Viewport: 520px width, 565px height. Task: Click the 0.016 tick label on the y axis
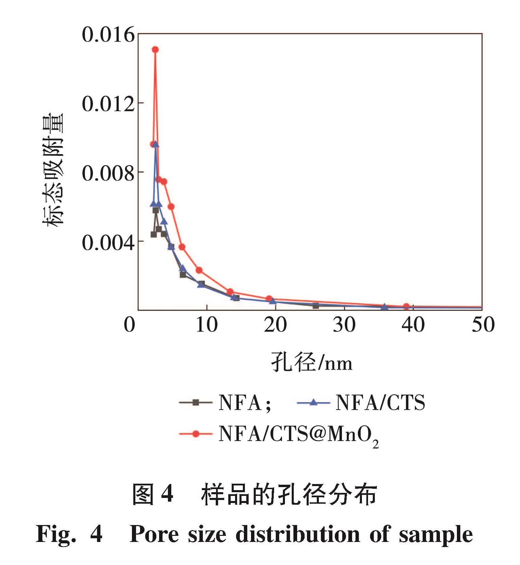(x=108, y=35)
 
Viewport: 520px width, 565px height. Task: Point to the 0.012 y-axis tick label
(x=108, y=104)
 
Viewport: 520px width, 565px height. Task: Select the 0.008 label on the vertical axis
(x=108, y=173)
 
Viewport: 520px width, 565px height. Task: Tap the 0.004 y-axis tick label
(x=108, y=243)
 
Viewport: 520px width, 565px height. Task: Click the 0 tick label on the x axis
(x=130, y=325)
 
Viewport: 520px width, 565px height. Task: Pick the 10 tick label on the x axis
(x=207, y=325)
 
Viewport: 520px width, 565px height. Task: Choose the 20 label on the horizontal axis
(x=275, y=325)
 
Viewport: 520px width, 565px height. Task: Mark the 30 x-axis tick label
(x=344, y=325)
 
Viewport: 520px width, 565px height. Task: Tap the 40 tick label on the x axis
(x=413, y=325)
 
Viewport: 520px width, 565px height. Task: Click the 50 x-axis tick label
(x=483, y=325)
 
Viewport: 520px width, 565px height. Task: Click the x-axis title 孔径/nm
(x=312, y=362)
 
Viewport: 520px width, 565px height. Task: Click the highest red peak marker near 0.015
(x=155, y=49)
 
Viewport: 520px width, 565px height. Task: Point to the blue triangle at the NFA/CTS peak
(x=156, y=144)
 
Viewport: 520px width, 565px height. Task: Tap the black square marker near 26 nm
(x=316, y=306)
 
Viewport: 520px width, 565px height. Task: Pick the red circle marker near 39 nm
(x=406, y=306)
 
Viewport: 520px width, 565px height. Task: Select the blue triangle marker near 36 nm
(x=384, y=307)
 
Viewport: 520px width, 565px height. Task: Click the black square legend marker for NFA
(x=195, y=402)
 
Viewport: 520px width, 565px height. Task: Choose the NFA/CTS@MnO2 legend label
(x=298, y=435)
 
